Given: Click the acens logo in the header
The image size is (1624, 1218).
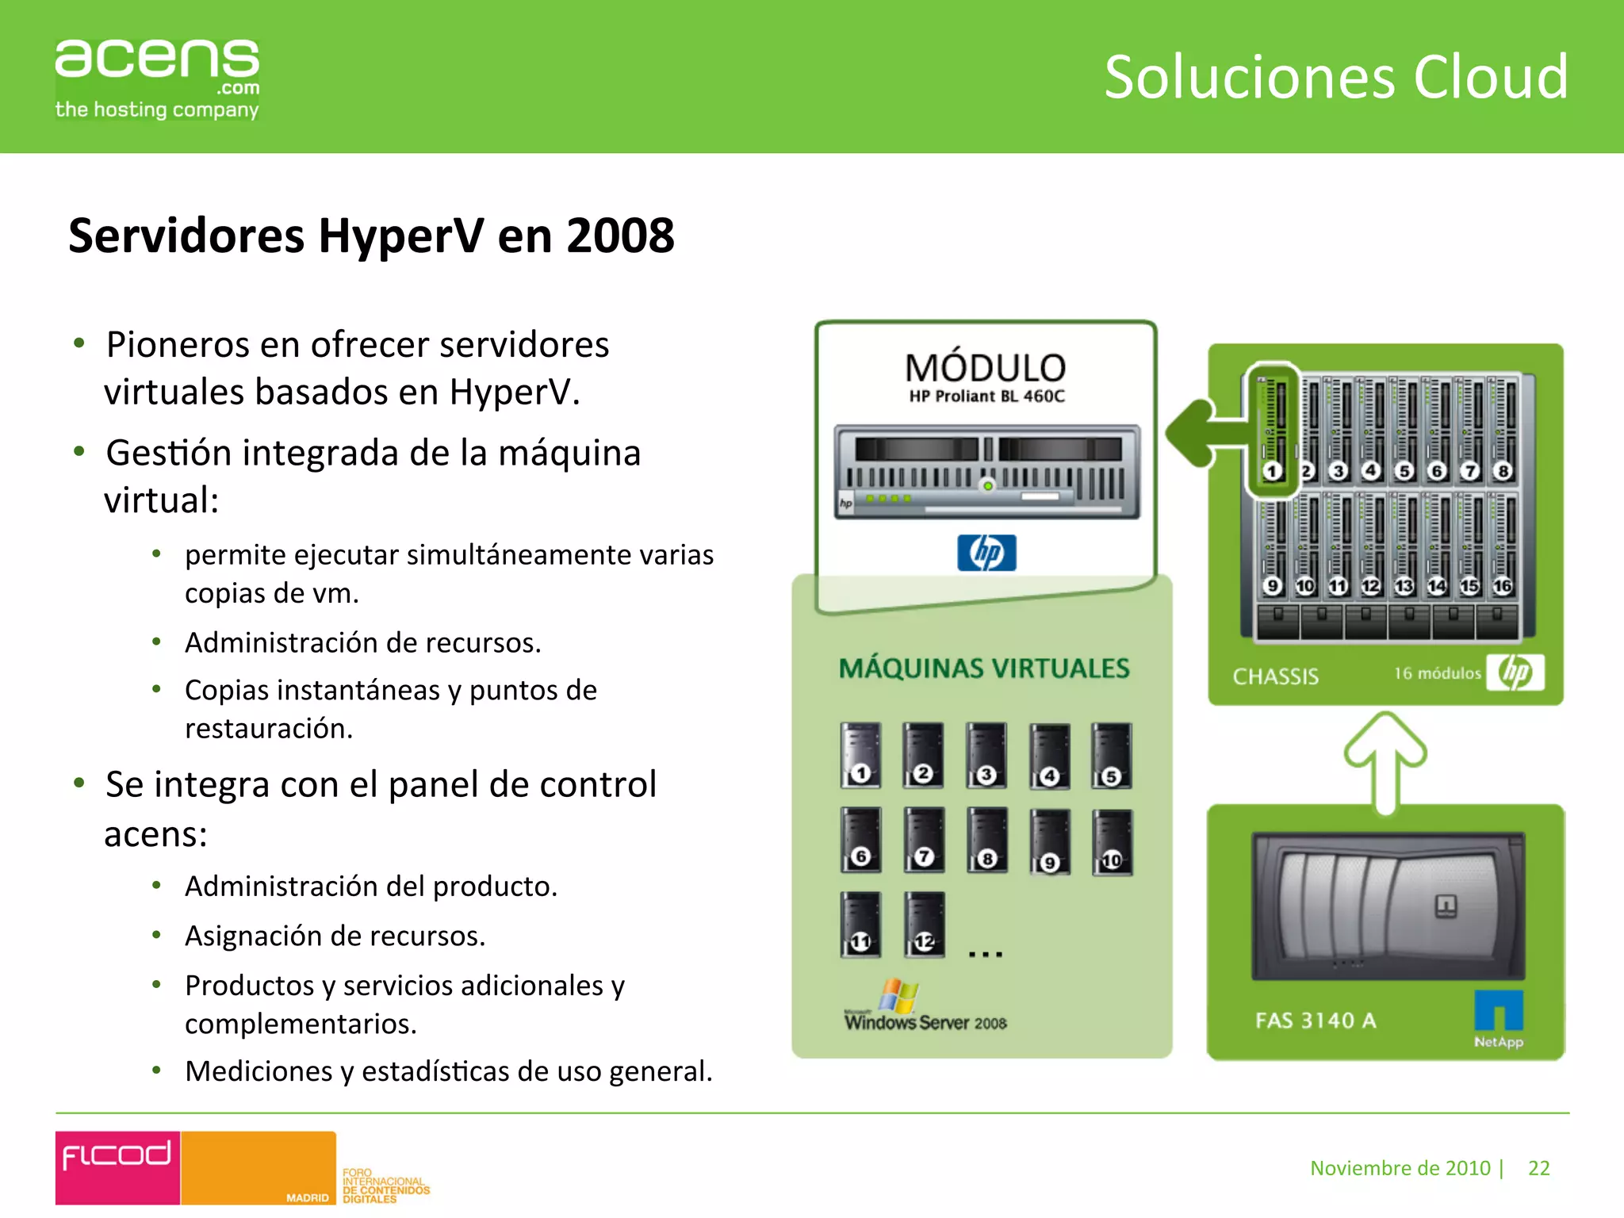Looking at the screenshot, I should click(157, 78).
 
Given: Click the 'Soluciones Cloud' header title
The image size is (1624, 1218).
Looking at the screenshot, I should click(1335, 77).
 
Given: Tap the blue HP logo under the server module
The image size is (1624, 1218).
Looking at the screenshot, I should click(986, 553).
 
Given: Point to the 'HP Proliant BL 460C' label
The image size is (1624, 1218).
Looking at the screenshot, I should click(986, 396).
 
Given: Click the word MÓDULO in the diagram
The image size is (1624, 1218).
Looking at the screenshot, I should click(986, 368).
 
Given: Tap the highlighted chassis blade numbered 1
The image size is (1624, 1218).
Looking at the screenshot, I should click(1272, 432).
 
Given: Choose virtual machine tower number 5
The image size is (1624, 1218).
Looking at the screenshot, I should click(1111, 755).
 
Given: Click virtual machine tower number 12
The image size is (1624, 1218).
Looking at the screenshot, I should click(924, 924).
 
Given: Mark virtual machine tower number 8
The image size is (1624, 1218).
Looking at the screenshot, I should click(987, 840).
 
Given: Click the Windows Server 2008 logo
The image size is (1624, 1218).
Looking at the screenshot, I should click(925, 1007).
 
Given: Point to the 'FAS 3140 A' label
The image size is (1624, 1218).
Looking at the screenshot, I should click(1316, 1021).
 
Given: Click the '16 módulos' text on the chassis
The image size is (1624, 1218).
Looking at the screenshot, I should click(1437, 673).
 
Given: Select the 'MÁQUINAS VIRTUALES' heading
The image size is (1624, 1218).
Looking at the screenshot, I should click(984, 668).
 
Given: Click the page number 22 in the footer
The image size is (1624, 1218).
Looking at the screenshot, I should click(1538, 1168).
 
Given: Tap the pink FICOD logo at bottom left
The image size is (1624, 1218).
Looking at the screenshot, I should click(117, 1167).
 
